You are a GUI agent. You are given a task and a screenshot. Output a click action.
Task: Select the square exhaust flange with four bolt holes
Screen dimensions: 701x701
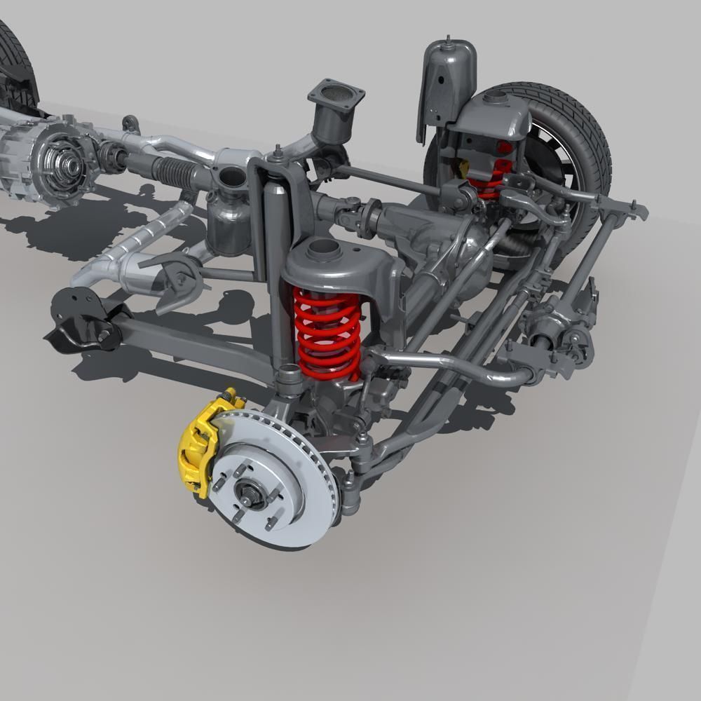[336, 95]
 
